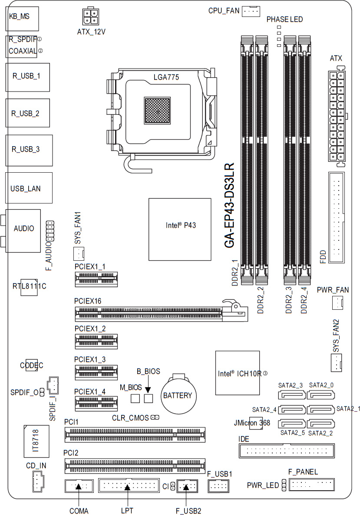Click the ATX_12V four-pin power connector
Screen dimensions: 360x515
90,17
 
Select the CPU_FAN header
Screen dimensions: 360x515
251,11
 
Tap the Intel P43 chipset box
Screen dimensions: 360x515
180,229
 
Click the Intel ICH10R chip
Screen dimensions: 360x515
238,373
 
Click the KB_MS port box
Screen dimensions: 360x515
22,19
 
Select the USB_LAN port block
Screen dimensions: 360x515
29,188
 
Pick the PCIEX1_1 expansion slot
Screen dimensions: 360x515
96,279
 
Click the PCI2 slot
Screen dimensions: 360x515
135,466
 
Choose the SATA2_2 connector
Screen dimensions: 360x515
320,424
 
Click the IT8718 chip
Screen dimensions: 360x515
36,441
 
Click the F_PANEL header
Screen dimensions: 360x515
312,485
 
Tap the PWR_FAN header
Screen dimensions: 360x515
337,302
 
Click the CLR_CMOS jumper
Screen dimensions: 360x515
155,417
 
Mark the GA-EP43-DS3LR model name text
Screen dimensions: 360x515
229,205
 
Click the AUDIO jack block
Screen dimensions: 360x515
23,231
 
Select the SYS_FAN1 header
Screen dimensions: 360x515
79,253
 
